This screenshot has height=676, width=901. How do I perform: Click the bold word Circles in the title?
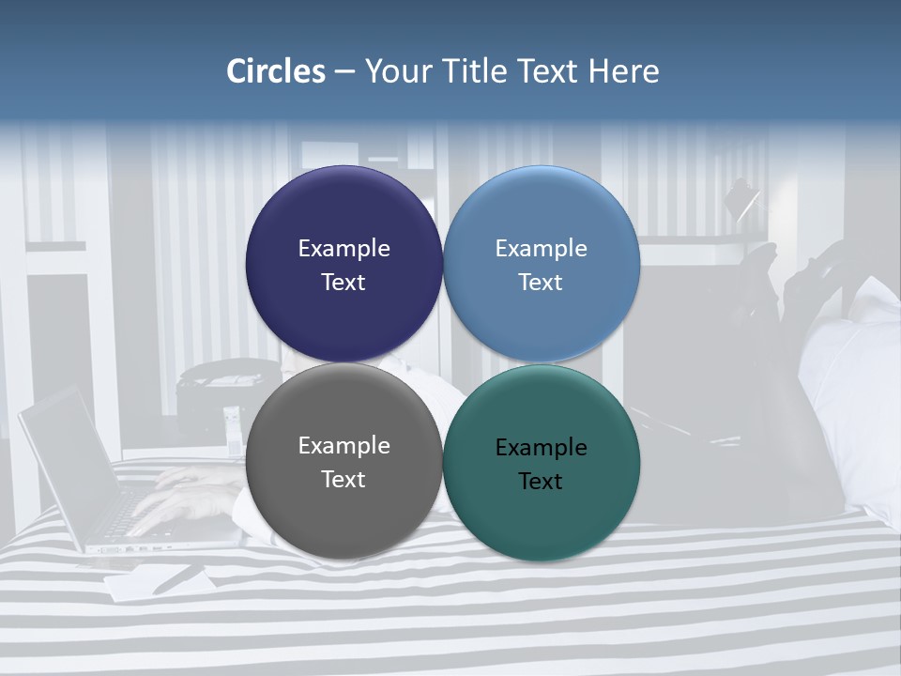275,71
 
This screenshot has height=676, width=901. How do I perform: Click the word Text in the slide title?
547,71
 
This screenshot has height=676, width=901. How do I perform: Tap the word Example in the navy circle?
344,249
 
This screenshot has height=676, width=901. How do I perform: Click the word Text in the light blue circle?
541,283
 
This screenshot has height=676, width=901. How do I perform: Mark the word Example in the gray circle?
344,446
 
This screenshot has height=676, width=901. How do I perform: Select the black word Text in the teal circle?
541,482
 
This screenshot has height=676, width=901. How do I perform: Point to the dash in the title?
344,72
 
